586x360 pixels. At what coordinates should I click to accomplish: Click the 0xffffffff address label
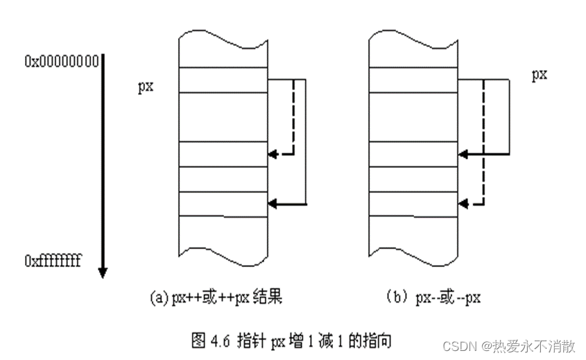pyautogui.click(x=53, y=261)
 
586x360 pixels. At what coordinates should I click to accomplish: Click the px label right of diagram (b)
pyautogui.click(x=540, y=74)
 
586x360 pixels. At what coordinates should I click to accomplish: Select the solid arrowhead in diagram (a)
pyautogui.click(x=273, y=203)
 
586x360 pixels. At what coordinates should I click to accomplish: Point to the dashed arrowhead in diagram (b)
pyautogui.click(x=463, y=204)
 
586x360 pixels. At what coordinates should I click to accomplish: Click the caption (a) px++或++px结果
pyautogui.click(x=216, y=298)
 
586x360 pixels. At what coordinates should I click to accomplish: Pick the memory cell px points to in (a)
pyautogui.click(x=223, y=79)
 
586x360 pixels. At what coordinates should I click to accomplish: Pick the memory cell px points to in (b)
pyautogui.click(x=413, y=79)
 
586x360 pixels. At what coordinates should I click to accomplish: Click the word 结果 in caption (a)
pyautogui.click(x=268, y=298)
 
